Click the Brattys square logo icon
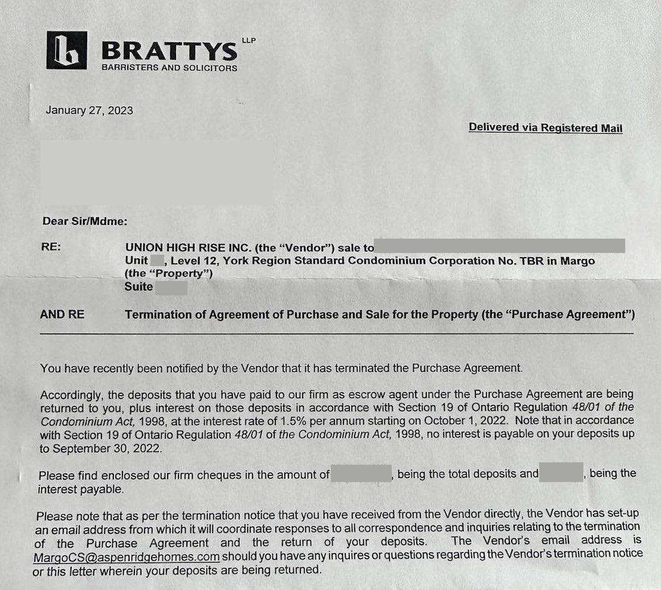[x=66, y=50]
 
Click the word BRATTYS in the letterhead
[x=169, y=51]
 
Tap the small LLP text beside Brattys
[x=248, y=41]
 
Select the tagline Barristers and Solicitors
[x=169, y=68]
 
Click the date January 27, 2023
[x=90, y=110]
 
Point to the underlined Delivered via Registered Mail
[x=545, y=128]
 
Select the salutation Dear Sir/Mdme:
[x=84, y=221]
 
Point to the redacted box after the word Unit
[x=157, y=261]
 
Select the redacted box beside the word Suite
[x=171, y=287]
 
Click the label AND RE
[x=62, y=314]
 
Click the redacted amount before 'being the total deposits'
[x=361, y=474]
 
